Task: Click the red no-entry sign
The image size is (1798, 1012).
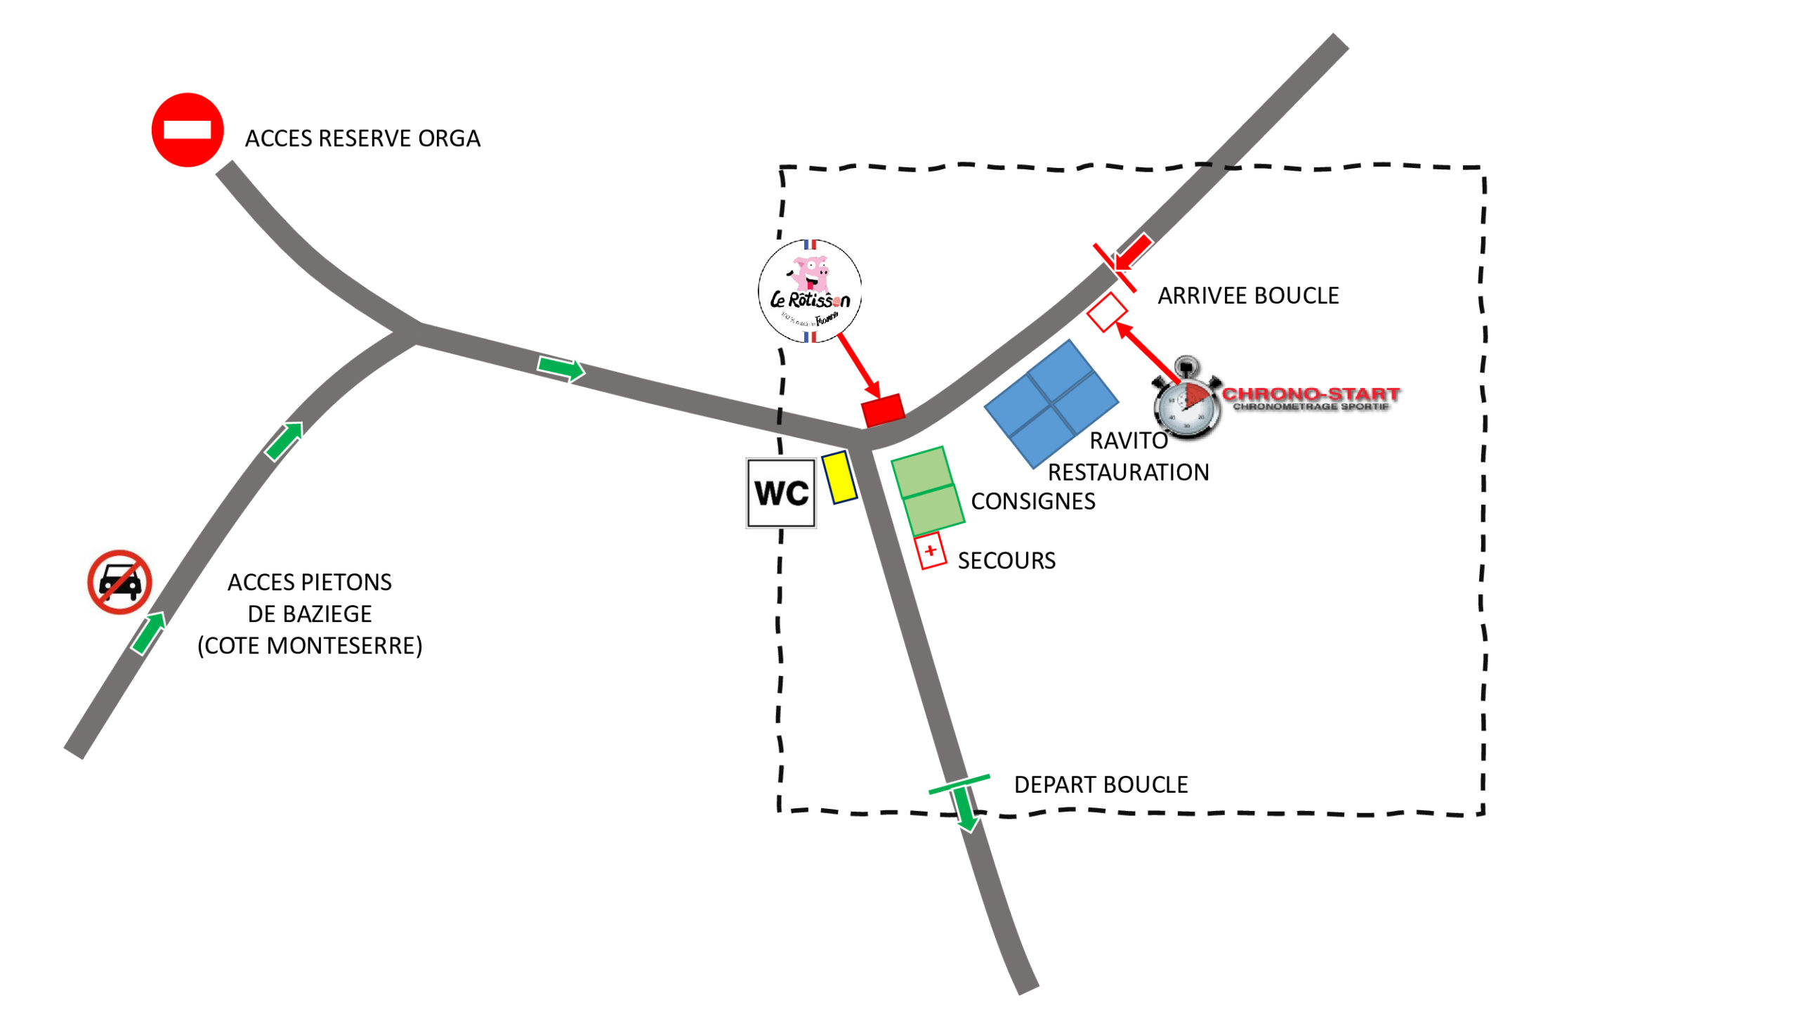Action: click(188, 130)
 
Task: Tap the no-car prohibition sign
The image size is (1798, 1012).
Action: click(119, 582)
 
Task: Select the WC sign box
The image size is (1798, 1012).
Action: click(781, 493)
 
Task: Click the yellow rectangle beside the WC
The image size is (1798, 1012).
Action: click(839, 477)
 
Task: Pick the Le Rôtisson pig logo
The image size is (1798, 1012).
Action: click(810, 291)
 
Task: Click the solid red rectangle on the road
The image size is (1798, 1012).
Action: click(883, 410)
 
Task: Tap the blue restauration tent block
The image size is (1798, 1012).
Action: click(1051, 403)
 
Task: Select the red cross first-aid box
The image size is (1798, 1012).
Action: click(931, 550)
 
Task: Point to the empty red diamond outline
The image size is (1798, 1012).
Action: click(1107, 312)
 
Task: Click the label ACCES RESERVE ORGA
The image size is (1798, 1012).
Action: click(362, 138)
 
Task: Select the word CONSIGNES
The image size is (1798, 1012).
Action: click(1032, 501)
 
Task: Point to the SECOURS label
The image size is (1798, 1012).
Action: click(1006, 561)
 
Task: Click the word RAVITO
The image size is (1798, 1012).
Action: click(1129, 441)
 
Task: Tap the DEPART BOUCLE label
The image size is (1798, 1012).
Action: click(1101, 784)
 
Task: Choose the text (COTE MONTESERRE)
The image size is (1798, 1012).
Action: click(310, 645)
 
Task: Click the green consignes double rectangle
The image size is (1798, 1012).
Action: click(927, 491)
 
